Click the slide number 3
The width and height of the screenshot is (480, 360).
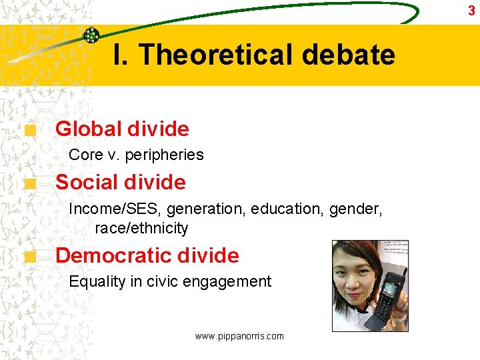[471, 11]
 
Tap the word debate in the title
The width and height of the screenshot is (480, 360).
[348, 55]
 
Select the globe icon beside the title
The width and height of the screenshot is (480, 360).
[91, 35]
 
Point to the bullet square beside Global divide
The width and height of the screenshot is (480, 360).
[29, 132]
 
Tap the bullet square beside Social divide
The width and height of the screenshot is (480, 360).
[29, 185]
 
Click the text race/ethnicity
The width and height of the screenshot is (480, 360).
[141, 228]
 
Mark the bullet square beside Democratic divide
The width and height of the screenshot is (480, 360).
[29, 259]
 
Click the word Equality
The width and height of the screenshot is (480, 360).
[97, 281]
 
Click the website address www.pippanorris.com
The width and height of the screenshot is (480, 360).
[239, 336]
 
